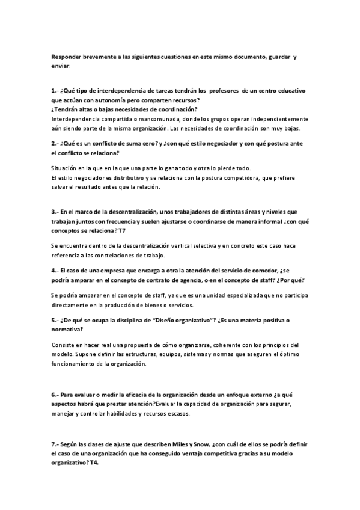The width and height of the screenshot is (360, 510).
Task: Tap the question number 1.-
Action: coord(55,90)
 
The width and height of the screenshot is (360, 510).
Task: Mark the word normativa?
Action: coord(67,330)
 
